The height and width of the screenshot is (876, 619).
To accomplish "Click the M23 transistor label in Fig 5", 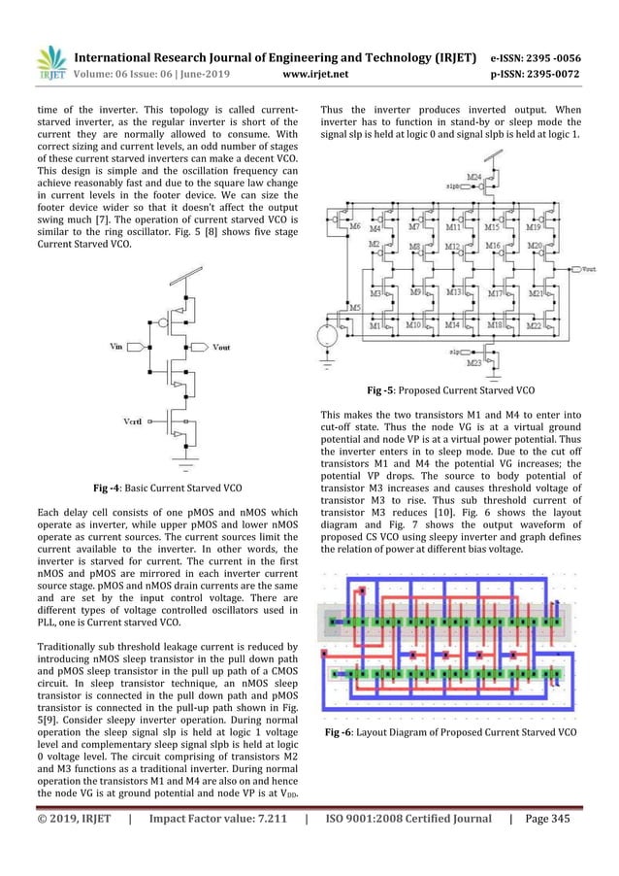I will (472, 364).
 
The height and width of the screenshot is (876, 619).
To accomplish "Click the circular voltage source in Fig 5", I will (330, 336).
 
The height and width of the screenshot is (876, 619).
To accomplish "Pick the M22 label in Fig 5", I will (533, 325).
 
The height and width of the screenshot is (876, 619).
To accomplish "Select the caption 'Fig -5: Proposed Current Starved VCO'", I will (452, 390).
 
